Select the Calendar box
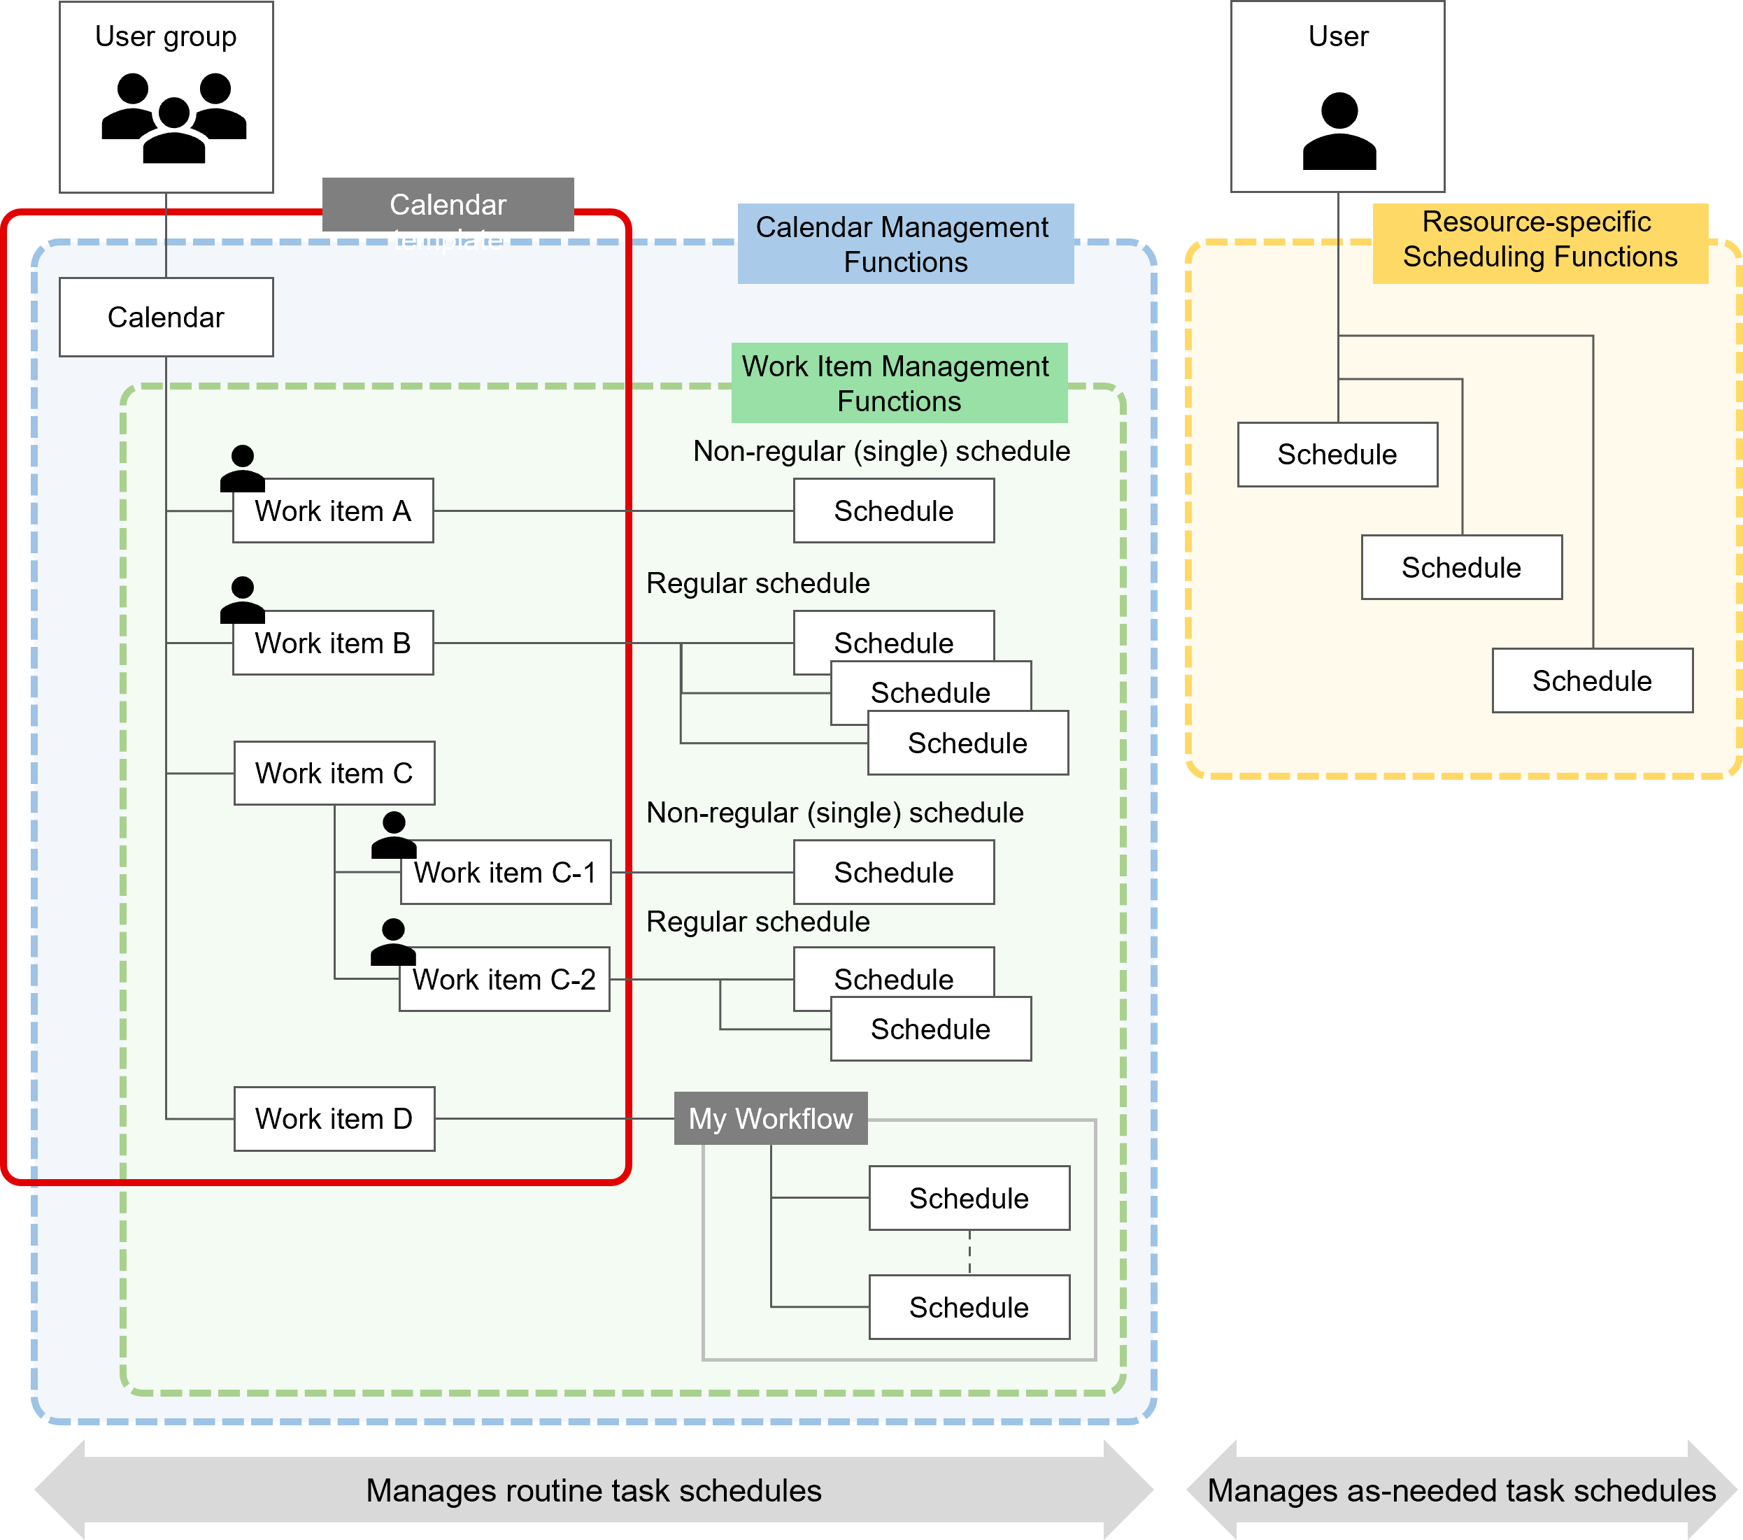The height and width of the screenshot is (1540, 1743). click(x=166, y=318)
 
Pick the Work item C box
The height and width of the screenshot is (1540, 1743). click(x=334, y=773)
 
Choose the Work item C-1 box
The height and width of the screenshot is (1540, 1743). click(x=506, y=872)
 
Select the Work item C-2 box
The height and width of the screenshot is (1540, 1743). click(x=504, y=979)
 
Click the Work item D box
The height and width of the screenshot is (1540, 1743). click(x=334, y=1119)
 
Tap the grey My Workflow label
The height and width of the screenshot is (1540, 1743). click(x=770, y=1119)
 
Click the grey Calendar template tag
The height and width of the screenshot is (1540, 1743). click(x=448, y=205)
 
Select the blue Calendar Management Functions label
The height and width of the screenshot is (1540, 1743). click(x=905, y=244)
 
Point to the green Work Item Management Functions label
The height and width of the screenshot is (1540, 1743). click(x=899, y=383)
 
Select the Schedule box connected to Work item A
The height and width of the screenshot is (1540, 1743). click(x=894, y=511)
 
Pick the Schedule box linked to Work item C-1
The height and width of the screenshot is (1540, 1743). click(x=894, y=872)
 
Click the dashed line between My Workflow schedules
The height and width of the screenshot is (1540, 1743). click(x=969, y=1253)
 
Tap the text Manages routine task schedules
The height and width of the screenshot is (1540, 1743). click(x=594, y=1490)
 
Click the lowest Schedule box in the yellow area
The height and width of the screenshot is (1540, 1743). click(x=1592, y=680)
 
